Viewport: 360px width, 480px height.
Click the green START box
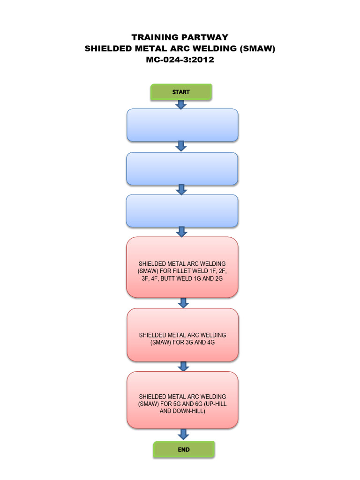coord(181,92)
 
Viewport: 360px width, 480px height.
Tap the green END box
coord(184,450)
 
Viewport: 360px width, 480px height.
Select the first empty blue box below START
coord(182,125)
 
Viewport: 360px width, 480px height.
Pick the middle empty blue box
coord(182,169)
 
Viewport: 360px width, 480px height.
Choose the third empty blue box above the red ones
coord(182,211)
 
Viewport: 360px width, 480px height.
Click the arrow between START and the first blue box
coord(181,105)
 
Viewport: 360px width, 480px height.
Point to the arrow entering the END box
coord(183,435)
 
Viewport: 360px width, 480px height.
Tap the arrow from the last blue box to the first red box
coord(181,232)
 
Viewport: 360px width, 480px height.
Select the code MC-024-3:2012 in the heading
coord(180,60)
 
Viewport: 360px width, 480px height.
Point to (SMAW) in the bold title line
coord(257,48)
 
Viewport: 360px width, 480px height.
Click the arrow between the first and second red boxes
coord(183,303)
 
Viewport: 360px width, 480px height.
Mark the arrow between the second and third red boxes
coord(183,367)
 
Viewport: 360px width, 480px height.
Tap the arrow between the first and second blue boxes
coord(181,146)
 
